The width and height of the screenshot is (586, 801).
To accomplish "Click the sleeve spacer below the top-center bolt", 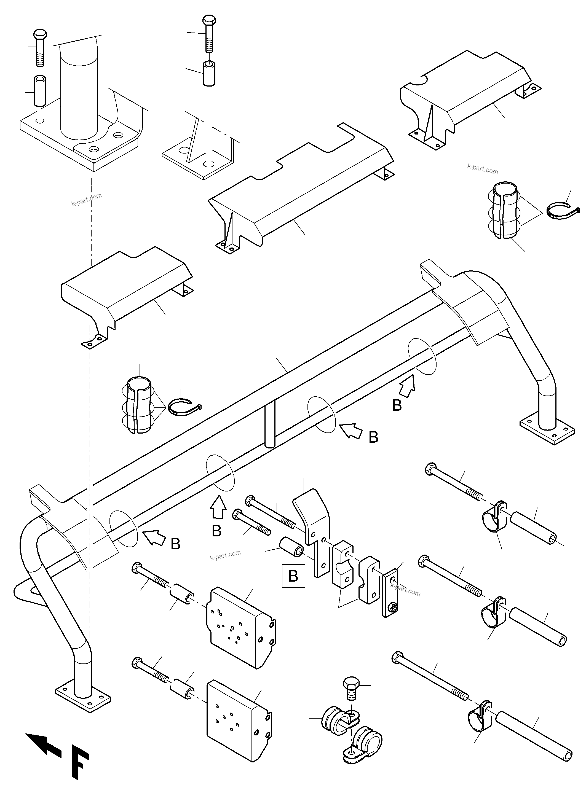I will pos(209,73).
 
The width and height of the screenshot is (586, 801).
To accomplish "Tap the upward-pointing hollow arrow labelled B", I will pos(218,509).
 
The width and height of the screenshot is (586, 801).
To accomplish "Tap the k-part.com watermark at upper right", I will pos(482,169).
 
